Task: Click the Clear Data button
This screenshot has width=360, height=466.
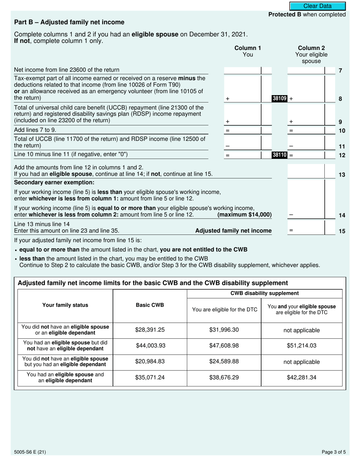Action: (x=318, y=6)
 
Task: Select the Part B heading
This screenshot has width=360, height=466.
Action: (x=69, y=22)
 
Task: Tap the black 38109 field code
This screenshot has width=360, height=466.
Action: (x=280, y=99)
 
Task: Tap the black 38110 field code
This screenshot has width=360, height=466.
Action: (x=280, y=155)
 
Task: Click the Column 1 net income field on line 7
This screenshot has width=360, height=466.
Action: (x=243, y=70)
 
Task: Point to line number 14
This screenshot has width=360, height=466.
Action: (x=341, y=215)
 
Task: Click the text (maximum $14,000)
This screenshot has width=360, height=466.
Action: (x=244, y=215)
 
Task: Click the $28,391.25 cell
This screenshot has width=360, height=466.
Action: (x=150, y=330)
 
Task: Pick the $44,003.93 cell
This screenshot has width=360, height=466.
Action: (x=150, y=346)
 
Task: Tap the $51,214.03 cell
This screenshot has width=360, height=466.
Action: (x=301, y=346)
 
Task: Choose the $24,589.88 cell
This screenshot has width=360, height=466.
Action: (x=224, y=361)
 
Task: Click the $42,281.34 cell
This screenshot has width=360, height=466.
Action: (x=301, y=377)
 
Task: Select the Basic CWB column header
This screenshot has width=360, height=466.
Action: (x=150, y=305)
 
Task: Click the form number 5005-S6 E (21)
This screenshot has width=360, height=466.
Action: (x=30, y=452)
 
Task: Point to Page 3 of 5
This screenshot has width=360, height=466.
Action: (x=333, y=452)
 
